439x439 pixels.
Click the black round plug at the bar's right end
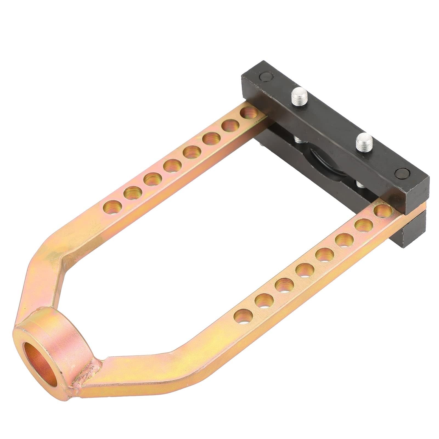coord(401,174)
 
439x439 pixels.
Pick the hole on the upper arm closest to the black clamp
coord(249,112)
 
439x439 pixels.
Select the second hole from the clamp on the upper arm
coord(230,126)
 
